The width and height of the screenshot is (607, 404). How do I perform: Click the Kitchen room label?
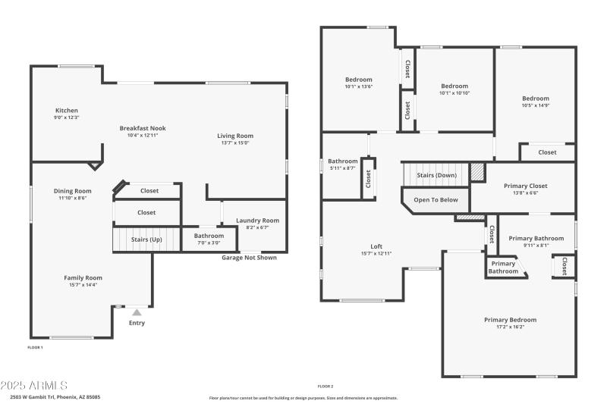pos(67,111)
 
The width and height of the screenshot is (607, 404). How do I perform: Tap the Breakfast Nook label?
pos(143,128)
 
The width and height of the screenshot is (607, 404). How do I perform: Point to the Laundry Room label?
pos(257,221)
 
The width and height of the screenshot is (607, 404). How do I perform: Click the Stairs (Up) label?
pos(146,240)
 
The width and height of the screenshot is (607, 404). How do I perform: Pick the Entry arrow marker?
pos(137,312)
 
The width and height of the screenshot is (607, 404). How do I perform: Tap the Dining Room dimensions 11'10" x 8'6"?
pos(72,198)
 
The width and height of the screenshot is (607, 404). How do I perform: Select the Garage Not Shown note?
pos(249,258)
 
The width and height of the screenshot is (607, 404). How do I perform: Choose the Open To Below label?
pos(436,200)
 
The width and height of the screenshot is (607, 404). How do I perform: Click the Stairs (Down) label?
pos(436,175)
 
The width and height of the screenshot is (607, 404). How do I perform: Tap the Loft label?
pos(376,246)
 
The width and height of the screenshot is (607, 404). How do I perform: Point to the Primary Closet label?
pos(525,186)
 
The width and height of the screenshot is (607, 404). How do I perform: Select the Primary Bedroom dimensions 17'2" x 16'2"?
pos(510,327)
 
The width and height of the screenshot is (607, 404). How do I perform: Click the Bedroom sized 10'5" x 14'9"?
pos(535,99)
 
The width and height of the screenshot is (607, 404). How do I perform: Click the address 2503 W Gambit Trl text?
pos(55,397)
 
